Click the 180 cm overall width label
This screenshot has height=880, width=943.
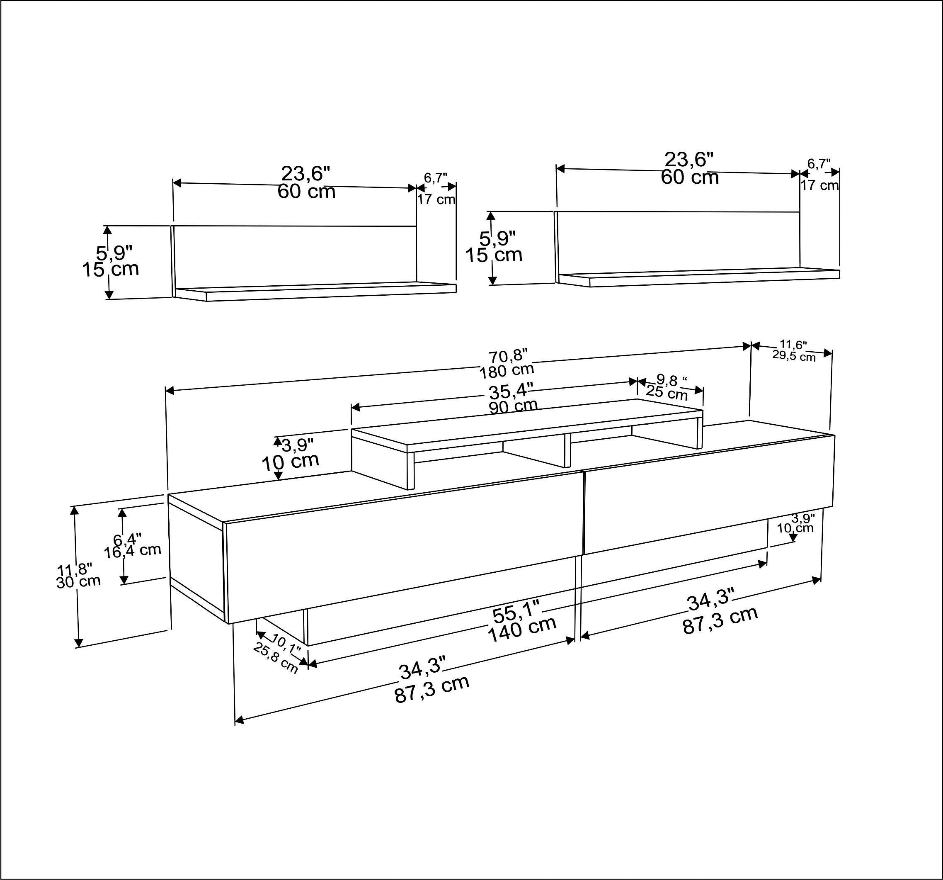point(507,370)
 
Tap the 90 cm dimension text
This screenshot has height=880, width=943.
point(513,406)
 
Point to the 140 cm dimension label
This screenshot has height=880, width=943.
point(522,630)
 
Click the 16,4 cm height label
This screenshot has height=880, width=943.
point(133,550)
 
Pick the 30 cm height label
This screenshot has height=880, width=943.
point(79,581)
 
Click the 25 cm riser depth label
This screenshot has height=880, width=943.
point(667,393)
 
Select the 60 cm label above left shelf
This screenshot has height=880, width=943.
point(306,192)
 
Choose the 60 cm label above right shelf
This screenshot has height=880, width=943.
point(690,177)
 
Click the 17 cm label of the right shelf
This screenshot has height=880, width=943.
point(819,185)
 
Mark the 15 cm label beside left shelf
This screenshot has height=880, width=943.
point(111,270)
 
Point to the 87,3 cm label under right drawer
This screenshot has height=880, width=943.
point(720,620)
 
